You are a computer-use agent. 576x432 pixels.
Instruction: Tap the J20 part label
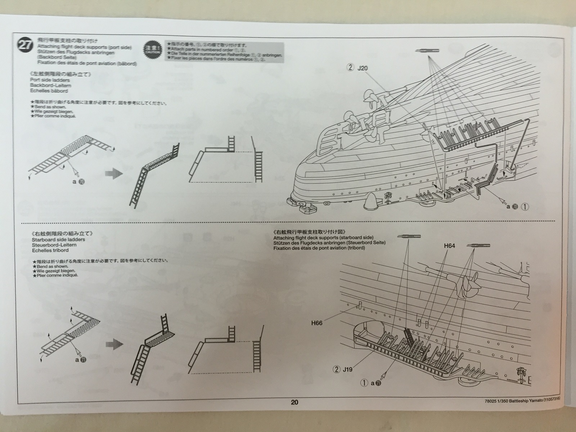(363, 68)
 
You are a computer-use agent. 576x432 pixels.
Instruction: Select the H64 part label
(449, 246)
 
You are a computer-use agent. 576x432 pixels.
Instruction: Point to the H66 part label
(316, 323)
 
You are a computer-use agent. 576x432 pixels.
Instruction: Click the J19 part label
(347, 369)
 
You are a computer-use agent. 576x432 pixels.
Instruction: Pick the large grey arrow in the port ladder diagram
(113, 174)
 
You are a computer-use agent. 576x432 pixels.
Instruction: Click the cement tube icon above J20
(427, 51)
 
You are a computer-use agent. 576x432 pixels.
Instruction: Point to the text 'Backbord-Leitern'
(51, 86)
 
